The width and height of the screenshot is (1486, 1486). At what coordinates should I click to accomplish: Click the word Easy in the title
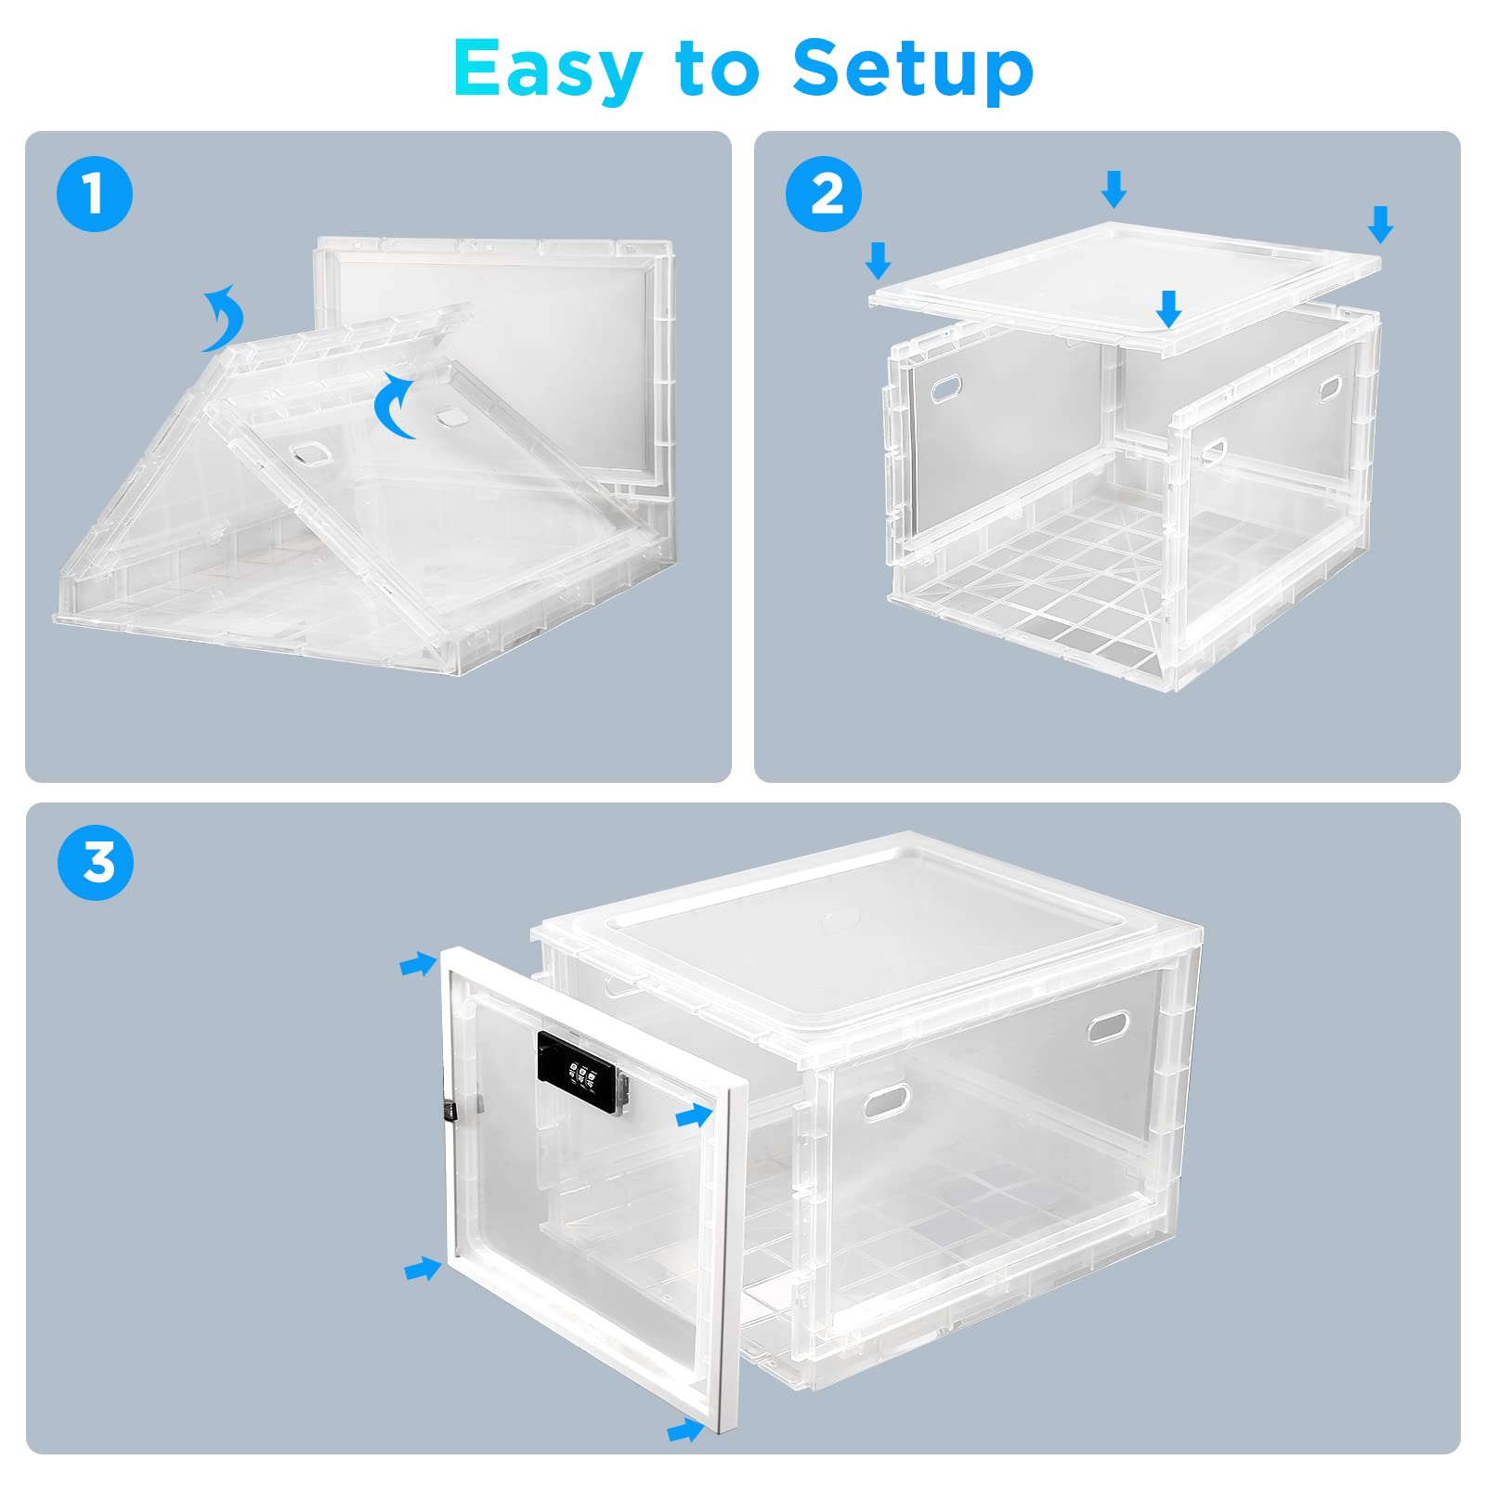coord(548,70)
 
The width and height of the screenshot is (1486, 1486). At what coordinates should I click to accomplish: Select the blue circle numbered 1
coord(94,195)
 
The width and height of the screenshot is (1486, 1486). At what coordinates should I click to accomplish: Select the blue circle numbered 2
coord(824,195)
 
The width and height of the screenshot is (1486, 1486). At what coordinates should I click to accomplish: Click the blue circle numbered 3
coord(95,863)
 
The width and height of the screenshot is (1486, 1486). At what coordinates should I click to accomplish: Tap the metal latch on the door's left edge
coord(450,1110)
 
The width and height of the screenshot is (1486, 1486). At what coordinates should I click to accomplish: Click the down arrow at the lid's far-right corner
coord(1381,224)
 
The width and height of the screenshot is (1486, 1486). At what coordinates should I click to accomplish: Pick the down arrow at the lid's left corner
coord(878,260)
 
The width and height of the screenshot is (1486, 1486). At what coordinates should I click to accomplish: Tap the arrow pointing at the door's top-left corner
coord(417,965)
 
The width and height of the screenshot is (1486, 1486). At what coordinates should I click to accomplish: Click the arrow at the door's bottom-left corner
coord(423,1268)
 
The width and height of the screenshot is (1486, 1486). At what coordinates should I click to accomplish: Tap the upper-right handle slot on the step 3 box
coord(1107,1026)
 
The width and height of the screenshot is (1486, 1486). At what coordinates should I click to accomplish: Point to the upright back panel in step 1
coord(492,362)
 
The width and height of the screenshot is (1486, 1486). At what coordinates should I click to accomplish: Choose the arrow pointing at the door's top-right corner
coord(693,1116)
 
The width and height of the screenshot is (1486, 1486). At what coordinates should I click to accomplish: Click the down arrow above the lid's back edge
coord(1114,189)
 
